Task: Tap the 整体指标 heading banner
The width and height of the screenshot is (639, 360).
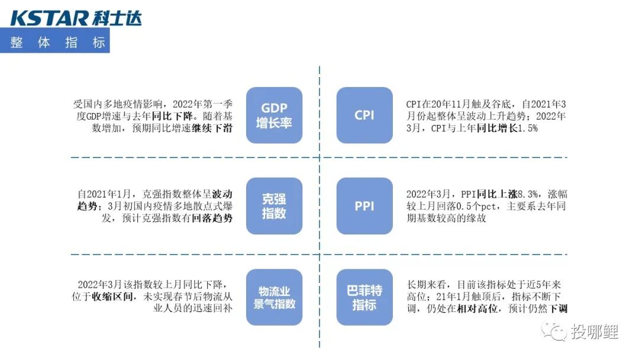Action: [57, 43]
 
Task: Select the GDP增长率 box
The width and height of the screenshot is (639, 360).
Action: [274, 115]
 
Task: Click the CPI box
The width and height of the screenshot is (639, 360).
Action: [364, 115]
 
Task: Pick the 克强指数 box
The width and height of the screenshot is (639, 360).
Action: [274, 205]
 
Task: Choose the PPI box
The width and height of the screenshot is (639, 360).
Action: [364, 206]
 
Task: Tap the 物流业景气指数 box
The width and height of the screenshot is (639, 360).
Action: [274, 297]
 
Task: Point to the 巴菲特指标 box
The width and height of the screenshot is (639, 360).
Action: [364, 297]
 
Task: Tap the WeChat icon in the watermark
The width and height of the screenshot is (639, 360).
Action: [556, 331]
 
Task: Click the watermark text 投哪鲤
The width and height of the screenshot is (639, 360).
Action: [594, 332]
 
